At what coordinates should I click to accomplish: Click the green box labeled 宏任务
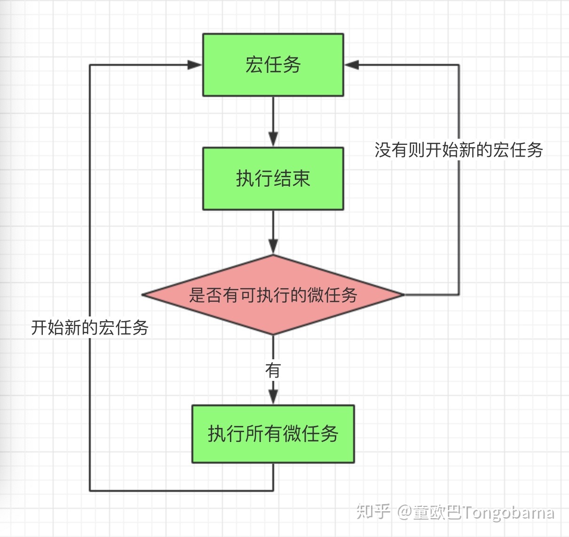[x=273, y=65]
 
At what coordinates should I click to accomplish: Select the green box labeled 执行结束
[x=273, y=179]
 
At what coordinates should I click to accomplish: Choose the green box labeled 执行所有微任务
[x=273, y=434]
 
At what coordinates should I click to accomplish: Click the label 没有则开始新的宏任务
[x=458, y=150]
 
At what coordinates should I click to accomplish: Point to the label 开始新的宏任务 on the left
[x=90, y=327]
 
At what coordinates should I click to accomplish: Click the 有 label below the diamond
[x=273, y=370]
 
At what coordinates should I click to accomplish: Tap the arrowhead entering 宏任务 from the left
[x=195, y=65]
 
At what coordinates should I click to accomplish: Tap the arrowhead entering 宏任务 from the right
[x=352, y=65]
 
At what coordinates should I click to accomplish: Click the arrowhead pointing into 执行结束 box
[x=273, y=139]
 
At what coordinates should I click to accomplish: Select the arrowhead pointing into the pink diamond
[x=273, y=246]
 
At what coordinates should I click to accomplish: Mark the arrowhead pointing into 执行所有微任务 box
[x=273, y=396]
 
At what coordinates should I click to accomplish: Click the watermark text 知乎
[x=373, y=511]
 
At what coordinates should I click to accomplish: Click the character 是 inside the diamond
[x=197, y=295]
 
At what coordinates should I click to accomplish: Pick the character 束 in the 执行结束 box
[x=301, y=179]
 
